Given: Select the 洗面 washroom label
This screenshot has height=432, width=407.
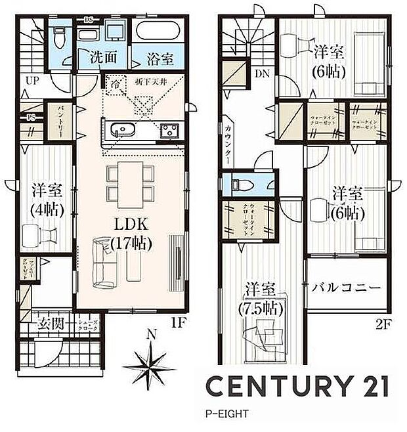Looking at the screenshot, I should pos(104,58).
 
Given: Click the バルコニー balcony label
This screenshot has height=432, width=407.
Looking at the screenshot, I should pos(347,288).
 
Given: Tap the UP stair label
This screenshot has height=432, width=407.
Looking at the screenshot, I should pos(32,80).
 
